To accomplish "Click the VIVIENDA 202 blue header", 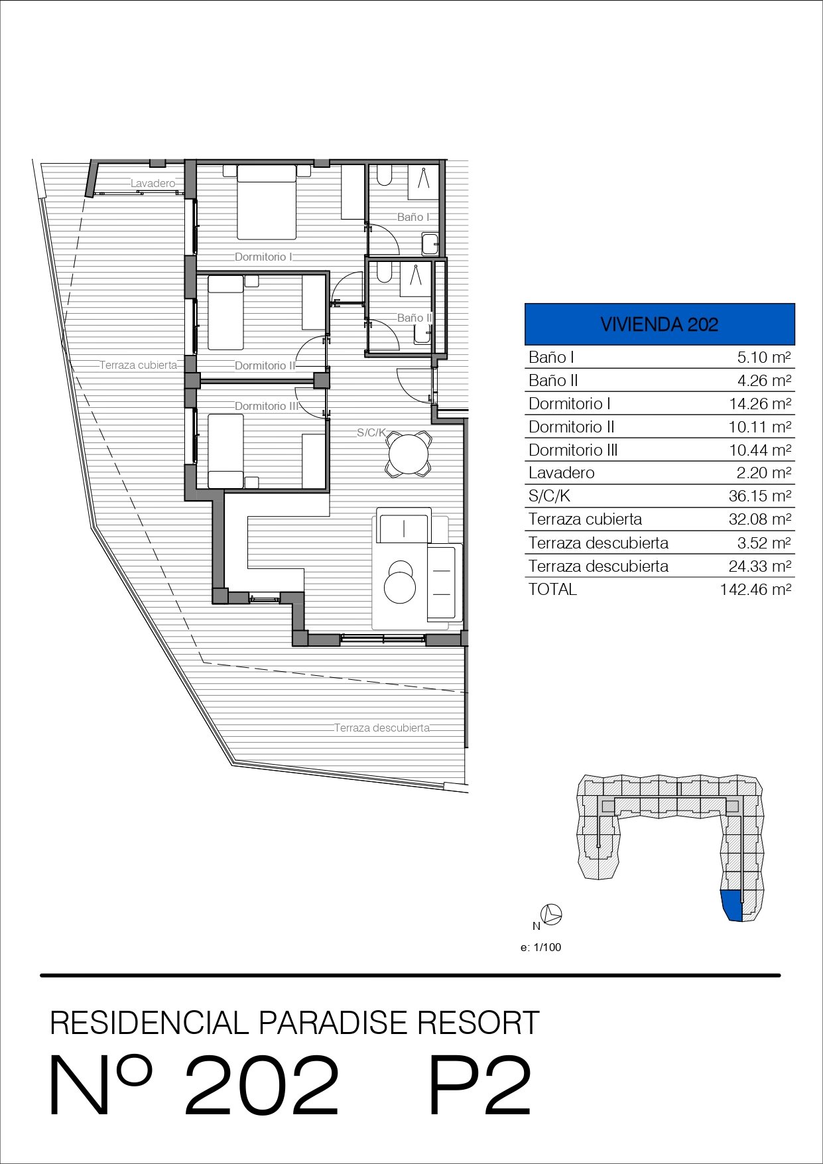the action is click(659, 324).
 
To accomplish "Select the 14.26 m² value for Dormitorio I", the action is click(760, 404).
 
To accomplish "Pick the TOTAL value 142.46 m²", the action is click(755, 589).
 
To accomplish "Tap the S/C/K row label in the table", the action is click(549, 496).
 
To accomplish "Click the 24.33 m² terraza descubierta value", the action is click(760, 566).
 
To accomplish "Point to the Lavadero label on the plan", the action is click(153, 184).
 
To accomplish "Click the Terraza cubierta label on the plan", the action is click(139, 365).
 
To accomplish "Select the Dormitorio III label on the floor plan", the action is click(267, 406).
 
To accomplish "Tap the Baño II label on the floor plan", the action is click(414, 318).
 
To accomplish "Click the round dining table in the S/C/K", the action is click(409, 454).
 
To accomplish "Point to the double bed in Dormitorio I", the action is click(267, 202).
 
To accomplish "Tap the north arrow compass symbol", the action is click(552, 915).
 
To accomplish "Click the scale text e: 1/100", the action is click(540, 947).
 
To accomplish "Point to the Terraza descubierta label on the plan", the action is click(382, 728).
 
